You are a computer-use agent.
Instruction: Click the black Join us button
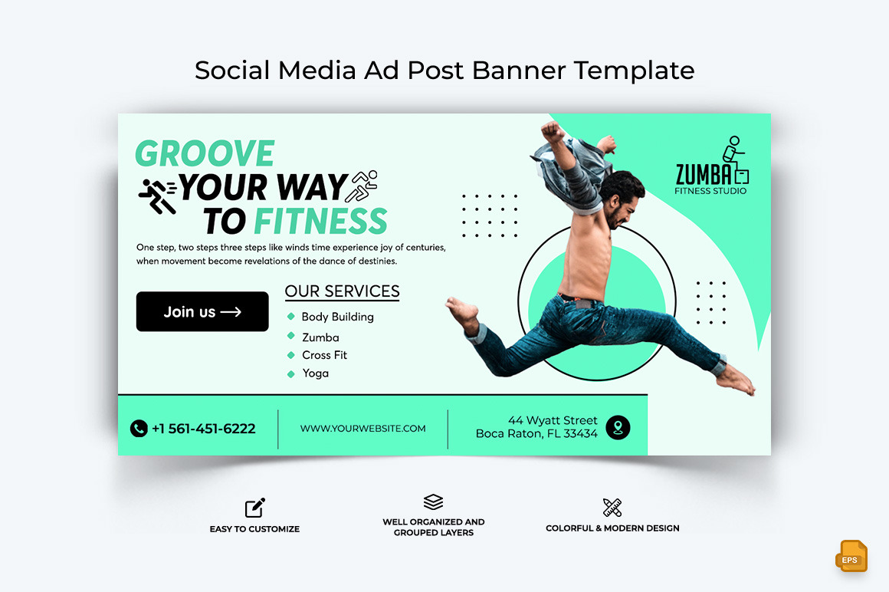(x=202, y=311)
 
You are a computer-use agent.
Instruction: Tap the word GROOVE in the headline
(x=205, y=154)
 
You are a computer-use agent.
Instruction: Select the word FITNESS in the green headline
(x=320, y=222)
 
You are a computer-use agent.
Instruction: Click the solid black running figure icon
(x=157, y=196)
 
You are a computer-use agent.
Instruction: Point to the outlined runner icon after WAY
(x=363, y=186)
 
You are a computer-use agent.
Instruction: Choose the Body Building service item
(x=337, y=317)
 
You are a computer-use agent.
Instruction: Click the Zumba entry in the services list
(x=320, y=337)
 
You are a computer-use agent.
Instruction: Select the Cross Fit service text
(x=324, y=355)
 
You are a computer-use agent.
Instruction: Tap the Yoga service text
(x=315, y=373)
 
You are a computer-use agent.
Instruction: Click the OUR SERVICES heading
(x=342, y=291)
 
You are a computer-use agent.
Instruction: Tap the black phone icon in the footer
(x=139, y=428)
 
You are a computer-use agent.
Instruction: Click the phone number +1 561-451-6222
(x=203, y=429)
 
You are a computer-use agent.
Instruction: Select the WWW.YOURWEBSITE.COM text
(x=362, y=429)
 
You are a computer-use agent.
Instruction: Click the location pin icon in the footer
(x=618, y=427)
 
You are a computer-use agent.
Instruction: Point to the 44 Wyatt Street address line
(x=553, y=420)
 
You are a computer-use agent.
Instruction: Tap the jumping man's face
(x=622, y=204)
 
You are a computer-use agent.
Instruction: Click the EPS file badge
(x=851, y=557)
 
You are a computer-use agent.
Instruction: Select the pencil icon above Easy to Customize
(x=254, y=508)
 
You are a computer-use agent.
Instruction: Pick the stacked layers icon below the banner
(x=433, y=502)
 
